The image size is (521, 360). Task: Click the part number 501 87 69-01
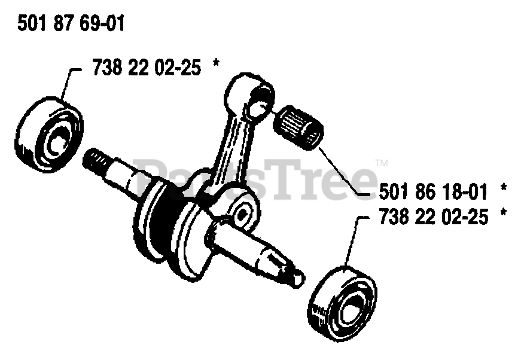pos(71,25)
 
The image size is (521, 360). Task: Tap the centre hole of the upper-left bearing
pos(57,142)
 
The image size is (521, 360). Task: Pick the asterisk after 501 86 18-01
pos(503,190)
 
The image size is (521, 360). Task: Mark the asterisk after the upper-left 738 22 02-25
pos(216,66)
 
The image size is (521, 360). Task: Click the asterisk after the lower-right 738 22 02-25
pos(503,214)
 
